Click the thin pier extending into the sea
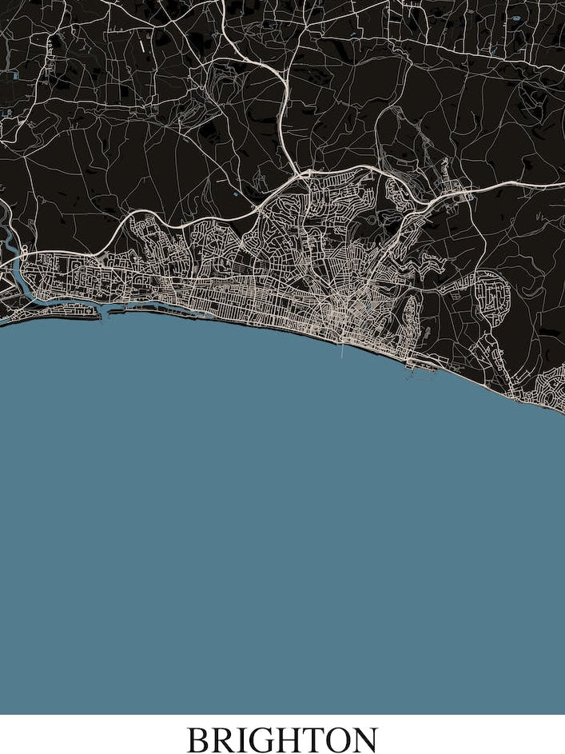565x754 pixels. point(343,350)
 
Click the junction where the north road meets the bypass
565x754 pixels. point(298,171)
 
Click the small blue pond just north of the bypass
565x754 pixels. point(236,193)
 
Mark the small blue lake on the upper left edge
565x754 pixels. point(14,78)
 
